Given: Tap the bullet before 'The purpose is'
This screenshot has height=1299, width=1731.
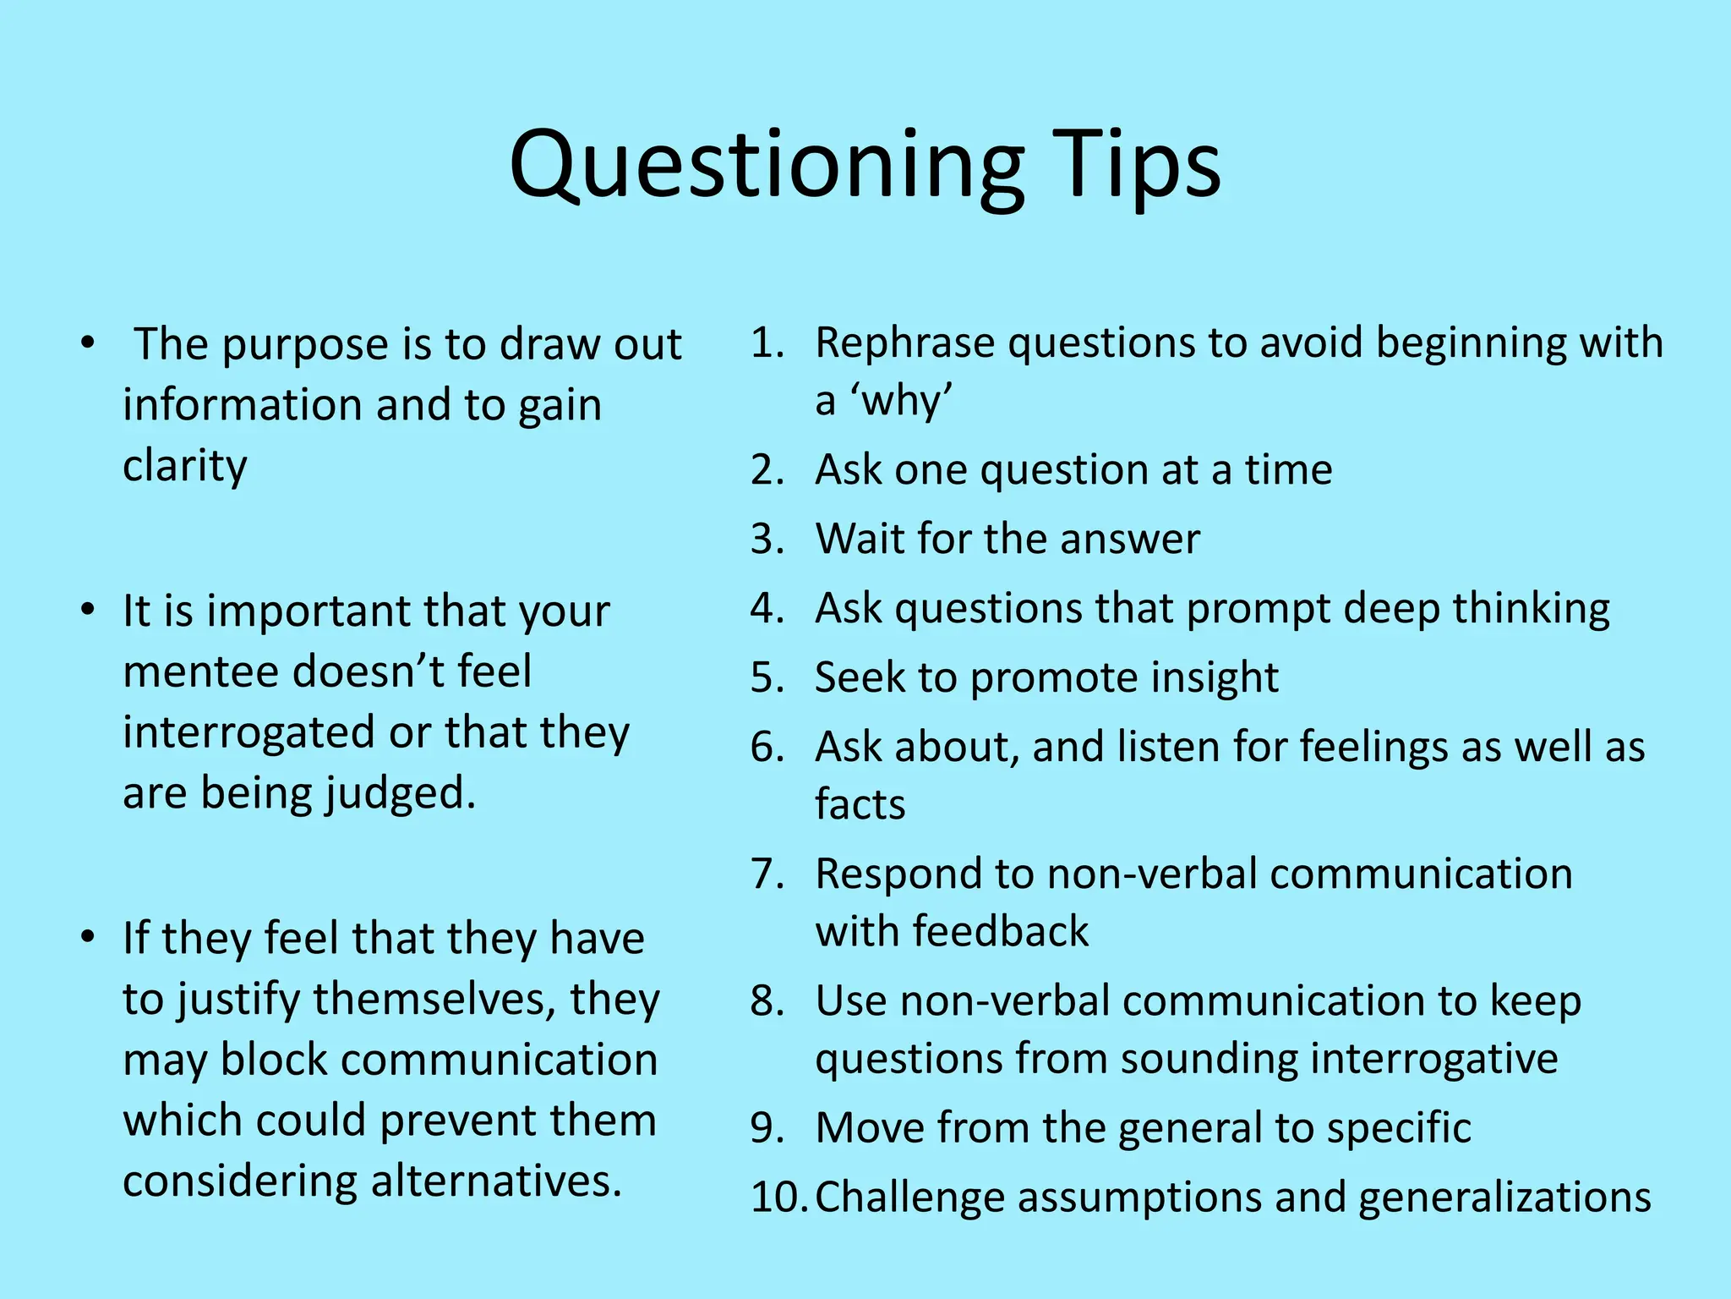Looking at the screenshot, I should tap(87, 343).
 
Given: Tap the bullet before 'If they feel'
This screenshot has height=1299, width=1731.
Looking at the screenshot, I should tap(87, 937).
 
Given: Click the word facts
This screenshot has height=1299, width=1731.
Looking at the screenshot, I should tap(860, 804).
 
